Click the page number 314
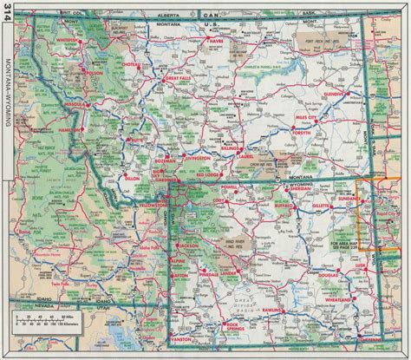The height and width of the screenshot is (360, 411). pyautogui.click(x=9, y=21)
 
